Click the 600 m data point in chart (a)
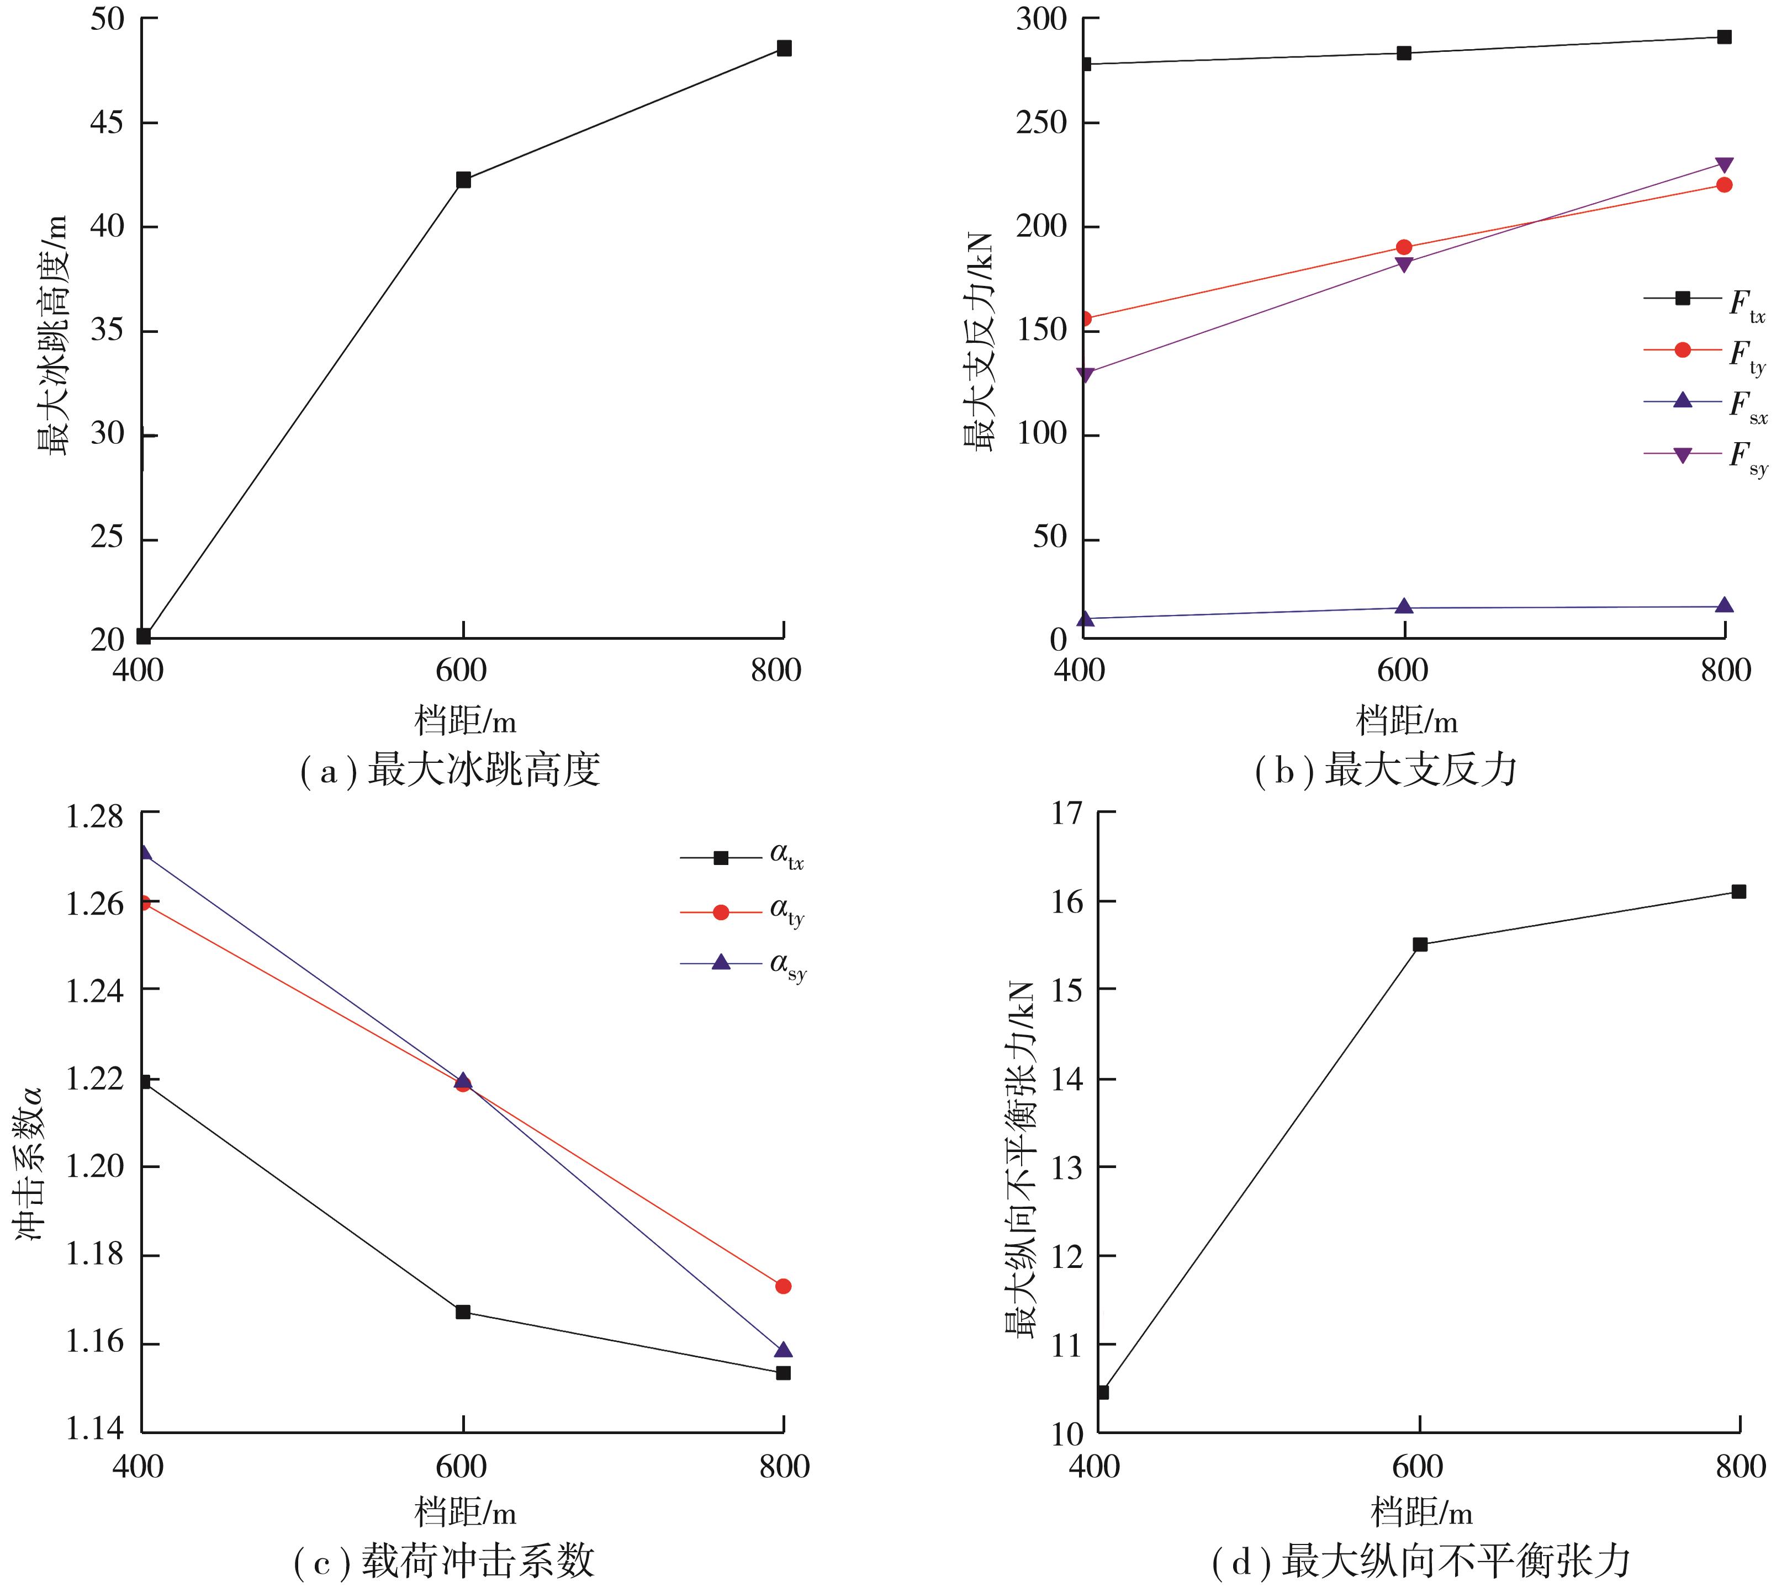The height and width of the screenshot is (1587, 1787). (x=463, y=180)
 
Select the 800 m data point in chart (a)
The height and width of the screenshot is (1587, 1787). (x=784, y=48)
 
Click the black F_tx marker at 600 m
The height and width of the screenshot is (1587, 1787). (x=1404, y=54)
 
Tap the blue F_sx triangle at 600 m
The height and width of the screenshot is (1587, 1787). (x=1404, y=607)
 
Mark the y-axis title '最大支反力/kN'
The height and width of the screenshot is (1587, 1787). (x=979, y=341)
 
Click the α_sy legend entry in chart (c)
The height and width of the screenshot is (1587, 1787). (x=743, y=965)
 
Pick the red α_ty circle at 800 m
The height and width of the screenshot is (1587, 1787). (x=784, y=1286)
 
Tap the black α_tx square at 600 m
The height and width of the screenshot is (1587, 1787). (x=463, y=1312)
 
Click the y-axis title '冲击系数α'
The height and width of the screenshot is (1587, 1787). (x=30, y=1163)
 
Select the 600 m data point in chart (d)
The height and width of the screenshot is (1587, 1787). (x=1420, y=944)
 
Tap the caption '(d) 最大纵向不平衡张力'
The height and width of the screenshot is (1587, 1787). (x=1421, y=1561)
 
